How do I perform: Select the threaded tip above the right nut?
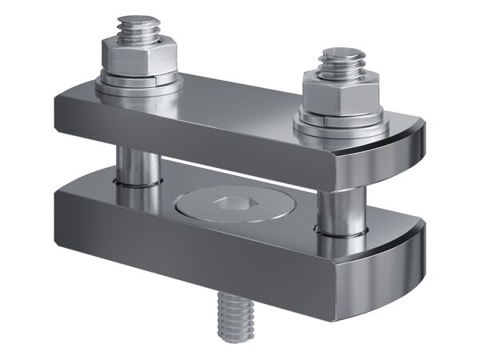tap(342, 61)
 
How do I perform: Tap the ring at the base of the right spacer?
tap(339, 233)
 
